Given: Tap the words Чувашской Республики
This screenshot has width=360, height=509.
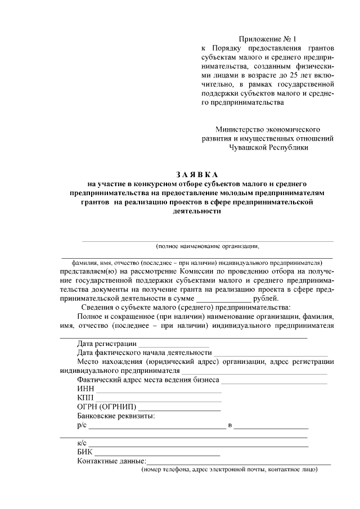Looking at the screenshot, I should point(268,147).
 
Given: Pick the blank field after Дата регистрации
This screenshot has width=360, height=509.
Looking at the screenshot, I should point(174,344).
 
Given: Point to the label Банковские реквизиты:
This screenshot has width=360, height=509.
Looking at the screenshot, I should point(116,416).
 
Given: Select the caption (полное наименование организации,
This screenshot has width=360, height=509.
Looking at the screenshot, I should point(208,246).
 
